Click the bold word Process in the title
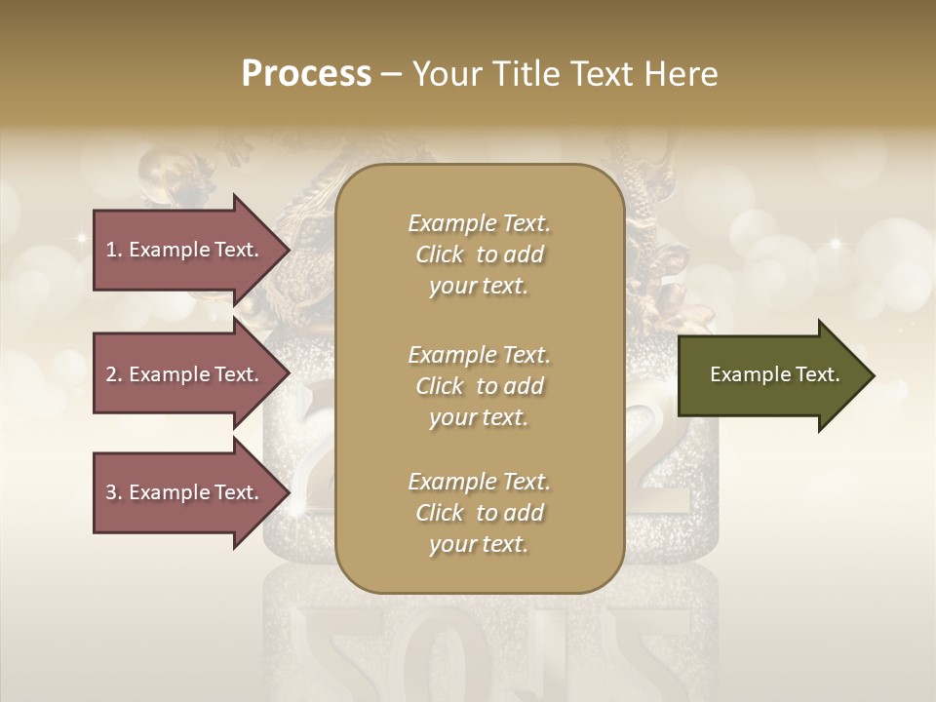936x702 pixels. point(306,73)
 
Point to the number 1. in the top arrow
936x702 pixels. point(114,250)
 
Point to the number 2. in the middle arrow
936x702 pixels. point(114,374)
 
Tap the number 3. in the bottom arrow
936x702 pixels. point(114,492)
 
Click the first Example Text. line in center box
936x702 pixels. point(479,223)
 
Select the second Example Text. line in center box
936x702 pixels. point(479,355)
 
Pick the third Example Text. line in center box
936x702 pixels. point(479,482)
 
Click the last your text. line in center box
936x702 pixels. point(479,544)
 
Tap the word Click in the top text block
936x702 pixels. point(440,254)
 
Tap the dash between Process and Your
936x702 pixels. point(392,74)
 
